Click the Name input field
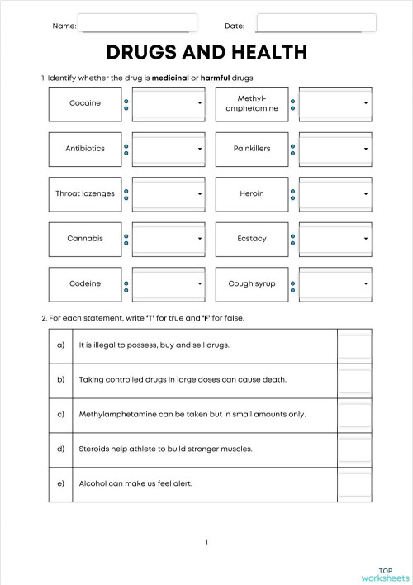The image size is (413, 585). pyautogui.click(x=137, y=23)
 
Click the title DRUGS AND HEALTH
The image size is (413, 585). pyautogui.click(x=206, y=53)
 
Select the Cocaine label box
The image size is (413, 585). pyautogui.click(x=85, y=103)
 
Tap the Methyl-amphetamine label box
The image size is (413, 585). pyautogui.click(x=252, y=103)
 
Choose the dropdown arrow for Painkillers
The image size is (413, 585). pyautogui.click(x=365, y=149)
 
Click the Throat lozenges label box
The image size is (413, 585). pyautogui.click(x=85, y=193)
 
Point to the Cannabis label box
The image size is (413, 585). pyautogui.click(x=85, y=239)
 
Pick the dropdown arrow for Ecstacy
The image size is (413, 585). pyautogui.click(x=365, y=239)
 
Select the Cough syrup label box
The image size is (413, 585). pyautogui.click(x=252, y=283)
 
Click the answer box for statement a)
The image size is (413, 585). pyautogui.click(x=355, y=345)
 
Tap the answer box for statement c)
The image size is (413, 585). pyautogui.click(x=355, y=415)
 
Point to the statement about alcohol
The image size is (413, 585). pyautogui.click(x=135, y=484)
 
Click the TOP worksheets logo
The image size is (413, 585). pyautogui.click(x=385, y=574)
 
